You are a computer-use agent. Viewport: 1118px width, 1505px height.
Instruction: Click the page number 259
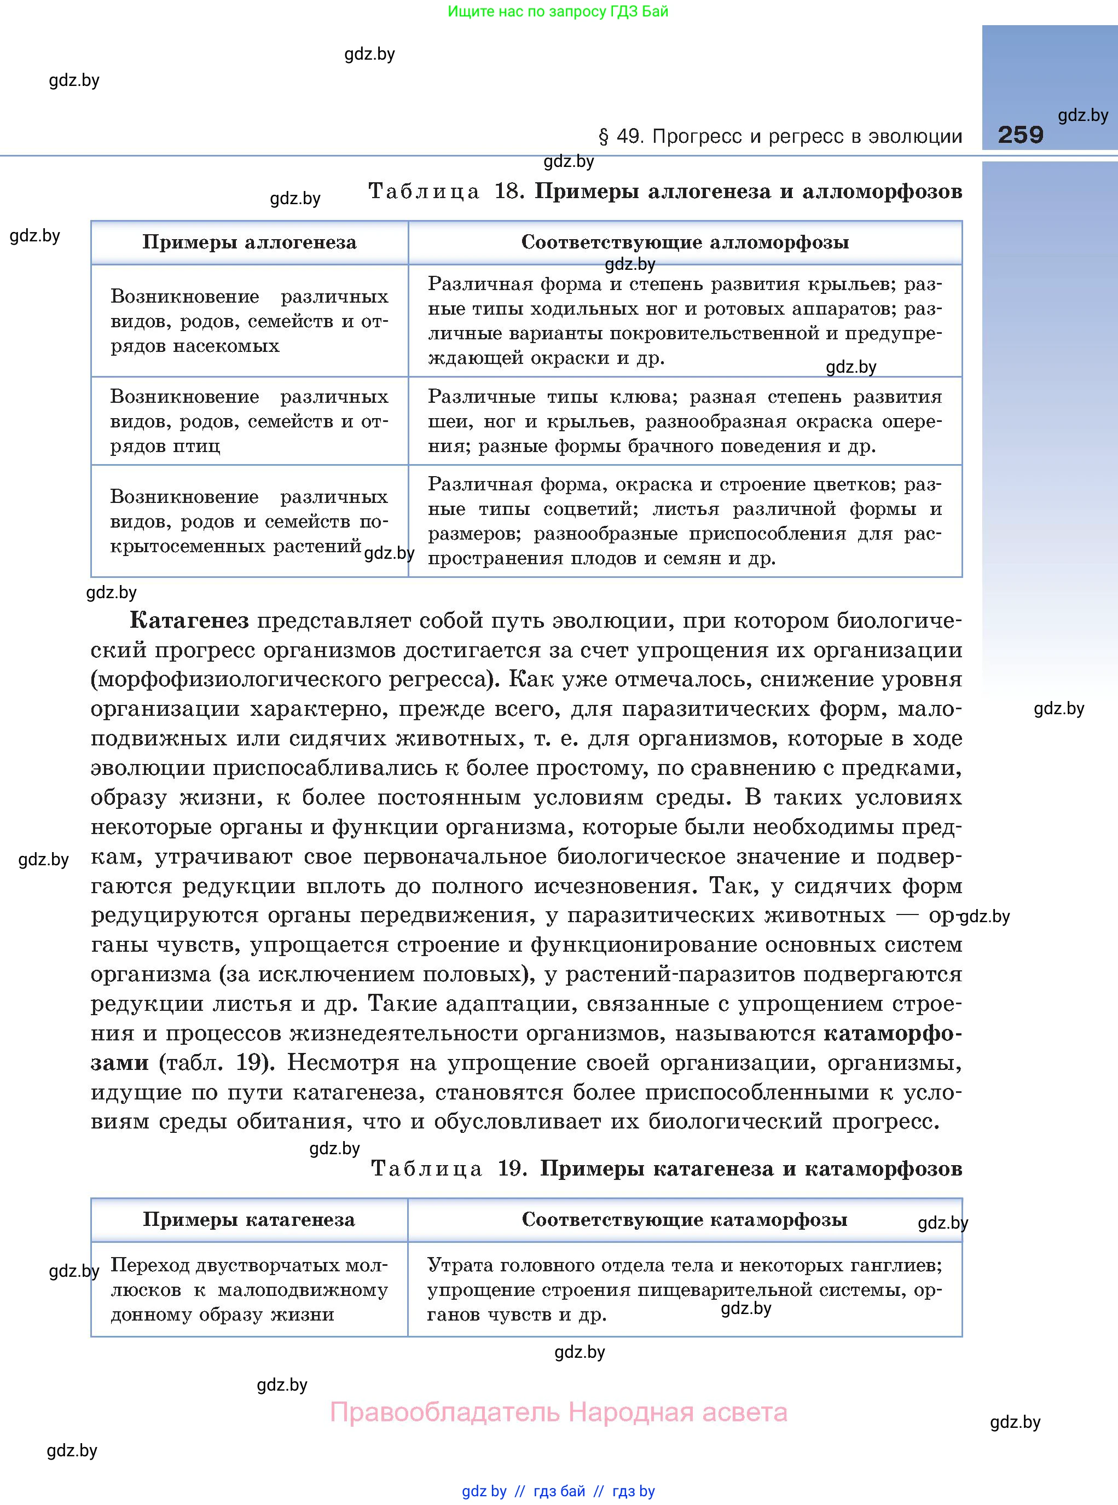coord(1020,135)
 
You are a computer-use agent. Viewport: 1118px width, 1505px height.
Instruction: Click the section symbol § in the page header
coord(604,137)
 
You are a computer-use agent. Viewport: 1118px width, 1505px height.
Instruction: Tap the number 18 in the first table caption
coord(508,192)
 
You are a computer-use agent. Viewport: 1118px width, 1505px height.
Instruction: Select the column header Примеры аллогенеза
coord(249,242)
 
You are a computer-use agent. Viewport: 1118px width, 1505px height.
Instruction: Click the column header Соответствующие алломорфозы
coord(685,242)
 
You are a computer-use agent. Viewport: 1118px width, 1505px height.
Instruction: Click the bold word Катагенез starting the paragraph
coord(189,620)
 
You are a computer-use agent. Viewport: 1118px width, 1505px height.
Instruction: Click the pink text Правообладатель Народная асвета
coord(558,1413)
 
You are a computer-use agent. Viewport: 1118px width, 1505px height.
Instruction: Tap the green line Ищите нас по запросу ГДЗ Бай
coord(558,11)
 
